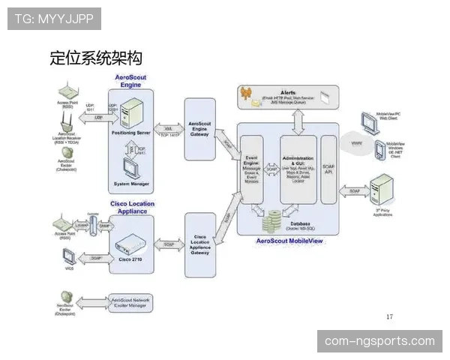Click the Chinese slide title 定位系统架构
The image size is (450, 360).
96,58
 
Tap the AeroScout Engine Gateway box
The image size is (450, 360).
199,128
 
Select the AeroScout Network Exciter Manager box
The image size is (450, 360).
130,304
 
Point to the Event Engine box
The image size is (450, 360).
253,169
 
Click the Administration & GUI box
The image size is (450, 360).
298,169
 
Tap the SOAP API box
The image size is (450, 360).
328,169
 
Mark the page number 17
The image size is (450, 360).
389,316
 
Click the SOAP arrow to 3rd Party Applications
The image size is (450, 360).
355,192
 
